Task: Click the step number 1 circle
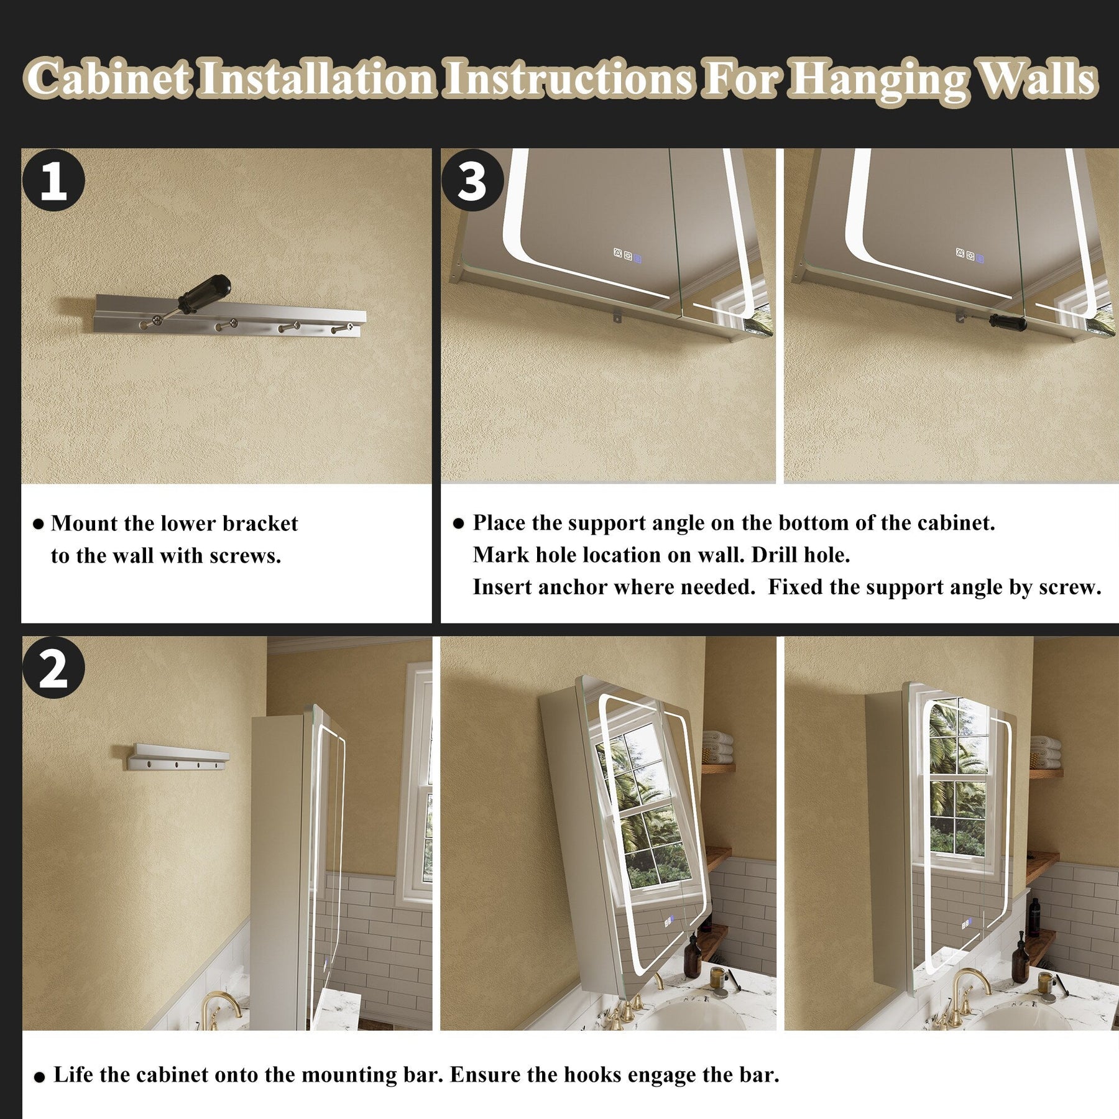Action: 53,180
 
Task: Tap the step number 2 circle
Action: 53,668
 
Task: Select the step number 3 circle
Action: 472,180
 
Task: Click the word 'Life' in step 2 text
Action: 73,1074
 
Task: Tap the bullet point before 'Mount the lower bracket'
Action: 38,525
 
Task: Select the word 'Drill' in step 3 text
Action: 774,555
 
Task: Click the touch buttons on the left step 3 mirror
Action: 627,255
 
